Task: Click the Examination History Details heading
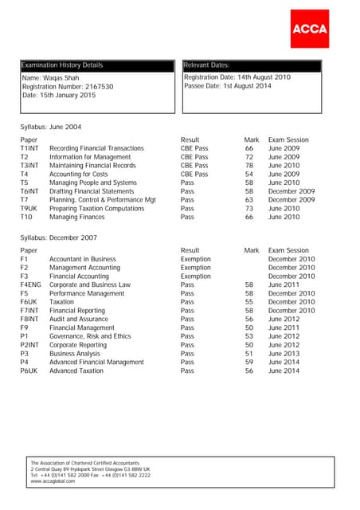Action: click(61, 65)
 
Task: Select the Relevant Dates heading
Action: click(206, 65)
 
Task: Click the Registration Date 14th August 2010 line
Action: click(237, 77)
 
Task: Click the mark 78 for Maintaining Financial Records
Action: click(249, 166)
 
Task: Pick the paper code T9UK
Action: click(29, 208)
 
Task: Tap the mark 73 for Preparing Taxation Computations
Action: click(249, 208)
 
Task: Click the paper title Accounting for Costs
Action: click(79, 174)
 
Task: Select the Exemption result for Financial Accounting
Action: click(195, 276)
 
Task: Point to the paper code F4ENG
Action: click(30, 284)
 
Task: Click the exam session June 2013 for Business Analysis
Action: click(284, 353)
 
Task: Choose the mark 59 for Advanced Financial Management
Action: click(249, 362)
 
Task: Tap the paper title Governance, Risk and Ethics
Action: click(90, 336)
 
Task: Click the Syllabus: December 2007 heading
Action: click(61, 237)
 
